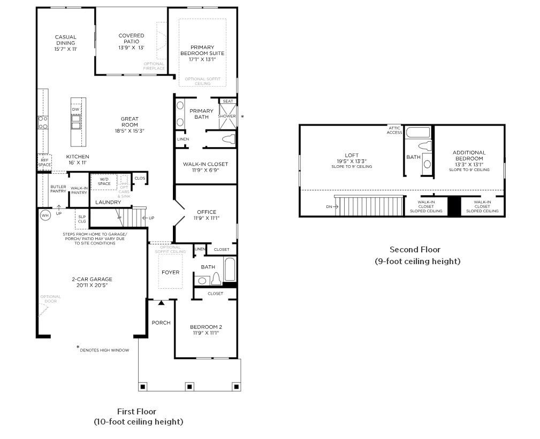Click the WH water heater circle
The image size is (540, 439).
pos(45,215)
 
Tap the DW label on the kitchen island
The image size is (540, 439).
pos(75,109)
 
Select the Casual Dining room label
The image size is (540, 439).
pos(66,40)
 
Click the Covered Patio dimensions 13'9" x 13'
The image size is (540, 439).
pos(131,48)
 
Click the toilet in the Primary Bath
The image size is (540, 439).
pos(228,140)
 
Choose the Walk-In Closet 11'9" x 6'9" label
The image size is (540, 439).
pos(206,164)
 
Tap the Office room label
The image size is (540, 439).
pos(206,212)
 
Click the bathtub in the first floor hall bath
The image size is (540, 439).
pos(230,269)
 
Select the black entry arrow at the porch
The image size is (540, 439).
pos(161,303)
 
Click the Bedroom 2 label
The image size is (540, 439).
pos(206,327)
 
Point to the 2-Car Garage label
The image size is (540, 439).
pos(92,279)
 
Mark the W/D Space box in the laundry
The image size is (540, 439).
pos(104,181)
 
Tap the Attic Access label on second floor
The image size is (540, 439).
pos(394,130)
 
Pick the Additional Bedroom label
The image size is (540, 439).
pos(469,155)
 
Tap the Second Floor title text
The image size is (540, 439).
pos(415,250)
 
